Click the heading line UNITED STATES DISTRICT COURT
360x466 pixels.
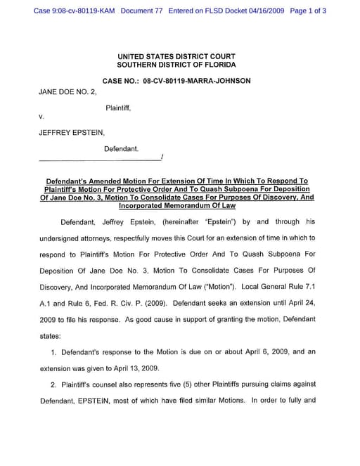click(x=176, y=56)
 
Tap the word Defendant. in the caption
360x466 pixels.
click(x=121, y=149)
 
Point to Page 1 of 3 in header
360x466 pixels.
click(x=307, y=11)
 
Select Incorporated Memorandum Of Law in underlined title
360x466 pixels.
click(x=176, y=206)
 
